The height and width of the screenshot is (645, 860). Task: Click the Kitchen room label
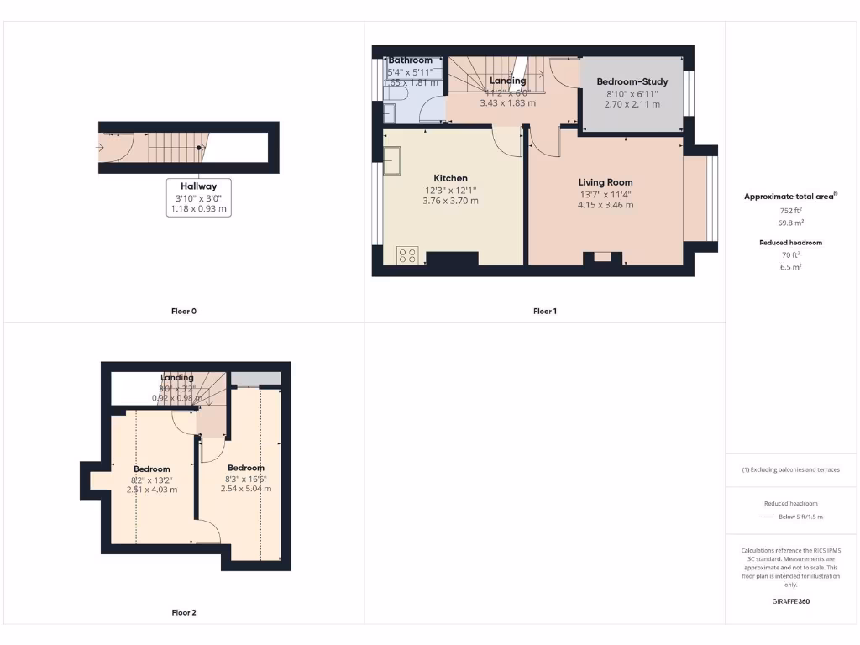pos(450,178)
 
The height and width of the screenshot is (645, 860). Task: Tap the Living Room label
pos(605,182)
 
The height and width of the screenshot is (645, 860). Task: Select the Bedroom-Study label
pos(632,81)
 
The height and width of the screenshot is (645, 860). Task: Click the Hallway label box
pos(198,197)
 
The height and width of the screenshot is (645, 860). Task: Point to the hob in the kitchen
pos(407,254)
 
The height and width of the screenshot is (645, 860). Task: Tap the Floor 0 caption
pos(183,312)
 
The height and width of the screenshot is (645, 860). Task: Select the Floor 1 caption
pos(544,312)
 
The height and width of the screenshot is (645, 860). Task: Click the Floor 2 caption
pos(183,613)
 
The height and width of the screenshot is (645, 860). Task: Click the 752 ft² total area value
pos(791,211)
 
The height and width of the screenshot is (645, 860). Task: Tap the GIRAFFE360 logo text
pos(791,601)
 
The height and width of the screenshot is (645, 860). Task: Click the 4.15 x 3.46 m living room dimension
pos(605,204)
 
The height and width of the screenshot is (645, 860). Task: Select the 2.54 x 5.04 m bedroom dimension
pos(245,489)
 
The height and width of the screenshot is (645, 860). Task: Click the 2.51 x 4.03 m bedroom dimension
pos(152,490)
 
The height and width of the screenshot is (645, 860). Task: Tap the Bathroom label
pos(410,60)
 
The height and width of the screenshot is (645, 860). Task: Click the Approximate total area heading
pos(789,197)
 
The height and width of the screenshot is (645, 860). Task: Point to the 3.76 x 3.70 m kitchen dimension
pos(450,201)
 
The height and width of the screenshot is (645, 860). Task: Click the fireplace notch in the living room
pos(603,258)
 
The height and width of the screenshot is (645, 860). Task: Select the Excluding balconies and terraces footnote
pos(791,469)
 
